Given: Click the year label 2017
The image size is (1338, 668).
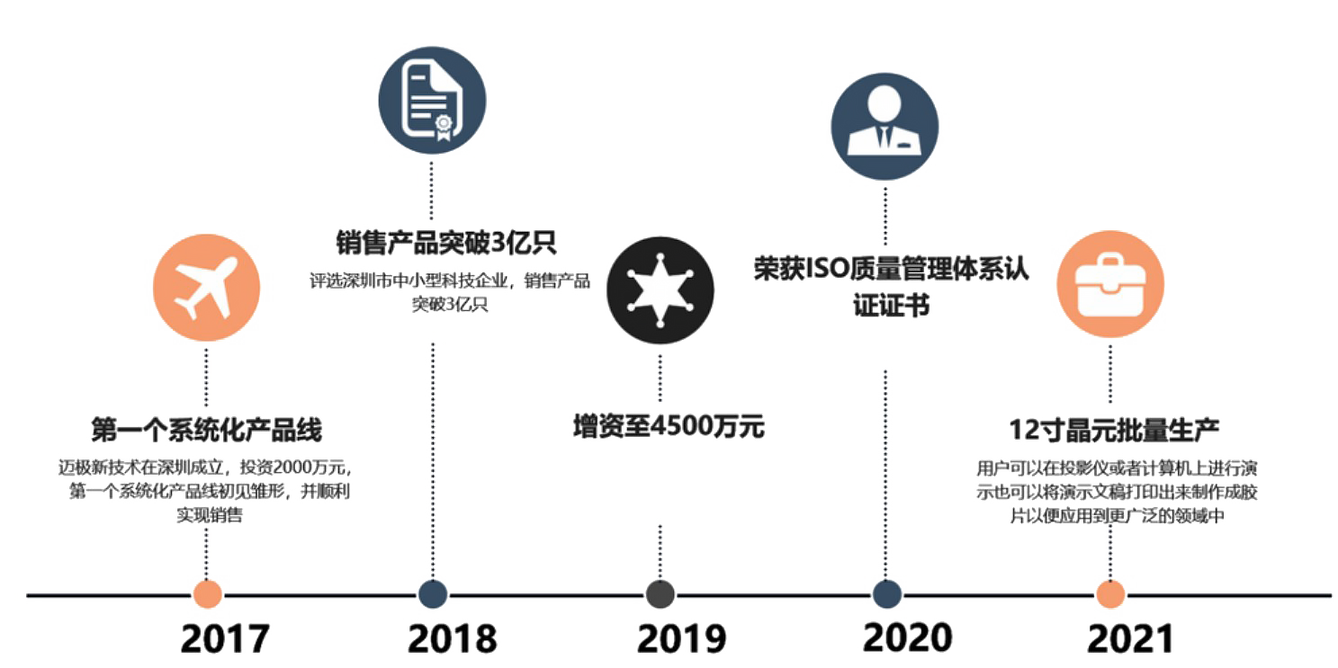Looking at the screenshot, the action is coord(225,638).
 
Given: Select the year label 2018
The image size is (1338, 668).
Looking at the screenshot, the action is coord(453,638).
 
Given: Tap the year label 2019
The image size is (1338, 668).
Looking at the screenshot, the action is coord(681,638).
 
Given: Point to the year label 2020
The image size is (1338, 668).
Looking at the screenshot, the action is coord(907,637).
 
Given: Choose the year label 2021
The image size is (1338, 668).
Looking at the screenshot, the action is coord(1131,638).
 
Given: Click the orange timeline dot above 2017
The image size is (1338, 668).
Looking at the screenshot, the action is coord(207,594).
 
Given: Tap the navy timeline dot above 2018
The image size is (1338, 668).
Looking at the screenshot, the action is coord(433,594).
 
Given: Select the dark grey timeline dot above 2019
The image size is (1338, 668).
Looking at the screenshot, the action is coord(660,594).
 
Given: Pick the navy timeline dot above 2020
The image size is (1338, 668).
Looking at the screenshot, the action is coord(887,594).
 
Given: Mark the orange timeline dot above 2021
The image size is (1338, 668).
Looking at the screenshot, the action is coord(1110,594).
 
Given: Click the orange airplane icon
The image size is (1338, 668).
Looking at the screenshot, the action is coord(207,288).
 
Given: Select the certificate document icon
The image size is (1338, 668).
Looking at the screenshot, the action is coord(433,101).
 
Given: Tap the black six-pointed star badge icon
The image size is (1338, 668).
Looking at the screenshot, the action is coord(660,290).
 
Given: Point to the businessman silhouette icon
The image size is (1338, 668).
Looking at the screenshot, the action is coord(885,127).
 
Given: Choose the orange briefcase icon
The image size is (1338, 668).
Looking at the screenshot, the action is coord(1110,284).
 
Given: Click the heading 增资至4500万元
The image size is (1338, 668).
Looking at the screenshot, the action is coord(669,427).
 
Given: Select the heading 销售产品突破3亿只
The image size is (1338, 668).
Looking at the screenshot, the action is coord(446,243).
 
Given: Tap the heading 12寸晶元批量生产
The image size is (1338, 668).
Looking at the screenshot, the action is coord(1114,431).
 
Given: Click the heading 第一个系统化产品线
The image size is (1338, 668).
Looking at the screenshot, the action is coord(207,430).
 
